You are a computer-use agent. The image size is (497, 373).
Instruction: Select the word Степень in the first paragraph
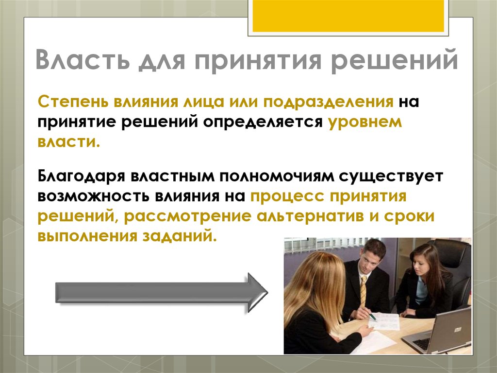(71, 103)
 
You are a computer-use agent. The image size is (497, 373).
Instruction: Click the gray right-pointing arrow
(161, 293)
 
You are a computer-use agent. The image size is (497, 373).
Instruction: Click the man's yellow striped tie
(364, 291)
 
